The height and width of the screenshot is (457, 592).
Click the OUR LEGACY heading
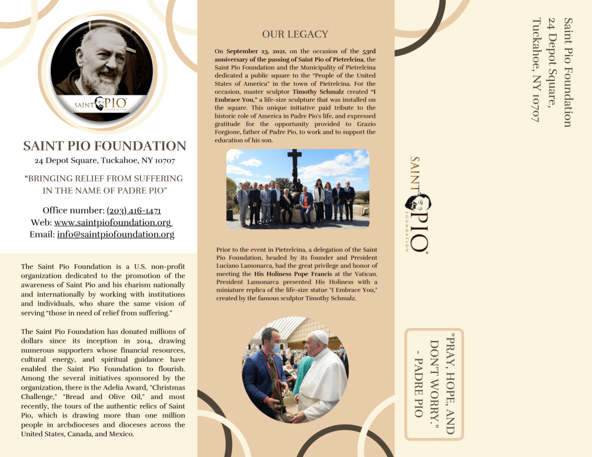pyautogui.click(x=295, y=34)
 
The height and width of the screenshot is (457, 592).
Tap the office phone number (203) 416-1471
pyautogui.click(x=134, y=211)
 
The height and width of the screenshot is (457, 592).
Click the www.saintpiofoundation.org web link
pyautogui.click(x=113, y=223)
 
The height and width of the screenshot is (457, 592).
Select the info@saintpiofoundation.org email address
pyautogui.click(x=116, y=234)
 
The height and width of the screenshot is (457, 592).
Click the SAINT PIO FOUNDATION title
pyautogui.click(x=104, y=146)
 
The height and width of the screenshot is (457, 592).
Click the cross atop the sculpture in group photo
pyautogui.click(x=295, y=159)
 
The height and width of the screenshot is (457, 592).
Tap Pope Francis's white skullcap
pyautogui.click(x=320, y=336)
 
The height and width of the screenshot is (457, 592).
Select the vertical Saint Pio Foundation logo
pyautogui.click(x=418, y=204)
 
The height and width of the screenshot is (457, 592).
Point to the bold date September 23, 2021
pyautogui.click(x=255, y=52)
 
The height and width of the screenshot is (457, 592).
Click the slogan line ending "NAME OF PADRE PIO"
pyautogui.click(x=105, y=190)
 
